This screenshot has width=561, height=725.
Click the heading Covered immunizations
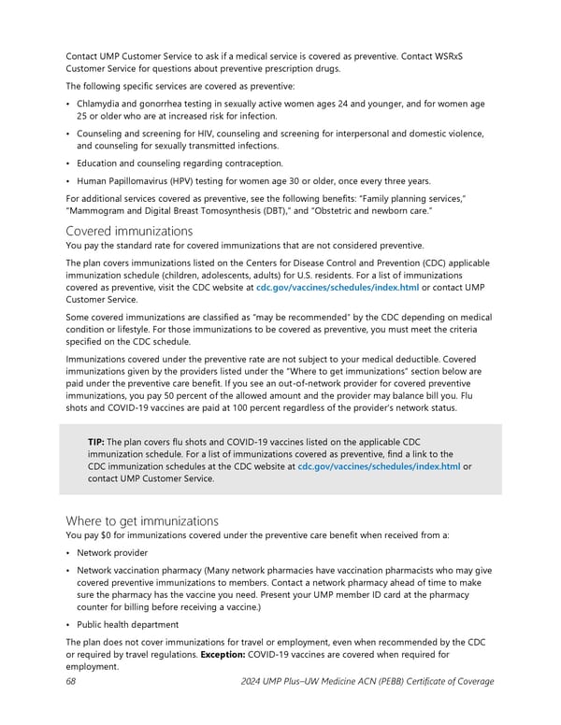130,231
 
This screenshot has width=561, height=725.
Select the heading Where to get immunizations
142,519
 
